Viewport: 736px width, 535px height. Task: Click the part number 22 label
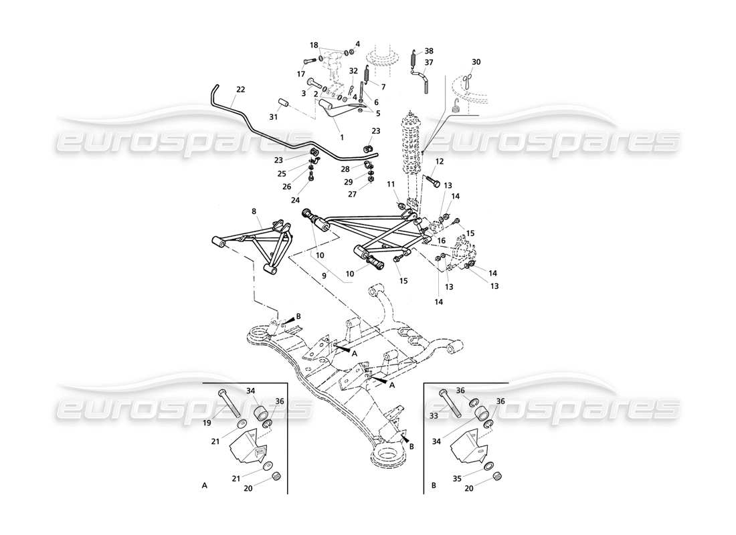[x=241, y=89]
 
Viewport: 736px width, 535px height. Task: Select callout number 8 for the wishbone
[x=254, y=211]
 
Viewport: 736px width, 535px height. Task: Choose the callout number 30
[x=476, y=62]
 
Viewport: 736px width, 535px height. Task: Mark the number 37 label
[x=430, y=62]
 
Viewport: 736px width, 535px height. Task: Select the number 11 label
[x=391, y=184]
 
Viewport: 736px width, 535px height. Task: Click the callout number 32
[x=354, y=70]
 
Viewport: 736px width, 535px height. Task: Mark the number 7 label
[x=384, y=87]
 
